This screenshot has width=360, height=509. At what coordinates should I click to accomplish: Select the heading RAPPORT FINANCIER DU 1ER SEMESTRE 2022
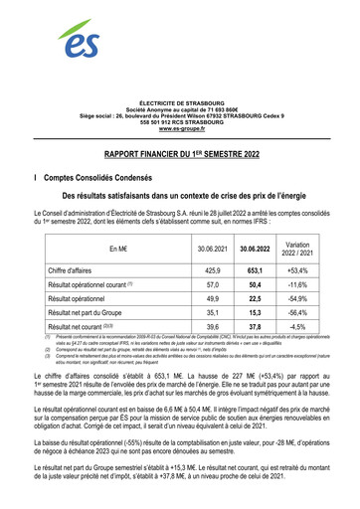180,155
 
